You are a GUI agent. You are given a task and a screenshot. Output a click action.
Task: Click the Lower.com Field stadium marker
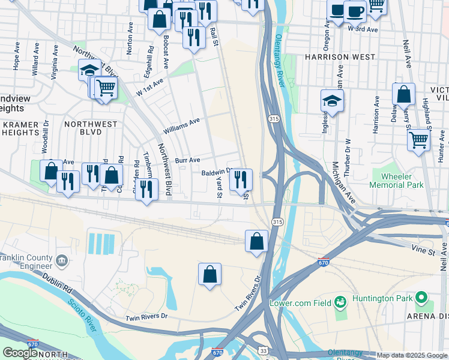click(340, 301)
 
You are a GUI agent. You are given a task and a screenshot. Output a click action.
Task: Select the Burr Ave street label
click(187, 160)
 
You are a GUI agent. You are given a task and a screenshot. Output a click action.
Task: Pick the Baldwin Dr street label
click(216, 172)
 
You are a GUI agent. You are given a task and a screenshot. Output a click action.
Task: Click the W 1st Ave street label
click(149, 88)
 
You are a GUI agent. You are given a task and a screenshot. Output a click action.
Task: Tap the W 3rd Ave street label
click(364, 29)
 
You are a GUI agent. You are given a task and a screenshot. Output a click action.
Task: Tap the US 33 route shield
click(264, 350)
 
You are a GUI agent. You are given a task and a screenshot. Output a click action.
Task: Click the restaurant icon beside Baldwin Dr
click(240, 179)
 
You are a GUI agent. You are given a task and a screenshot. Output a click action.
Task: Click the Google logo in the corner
click(20, 353)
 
